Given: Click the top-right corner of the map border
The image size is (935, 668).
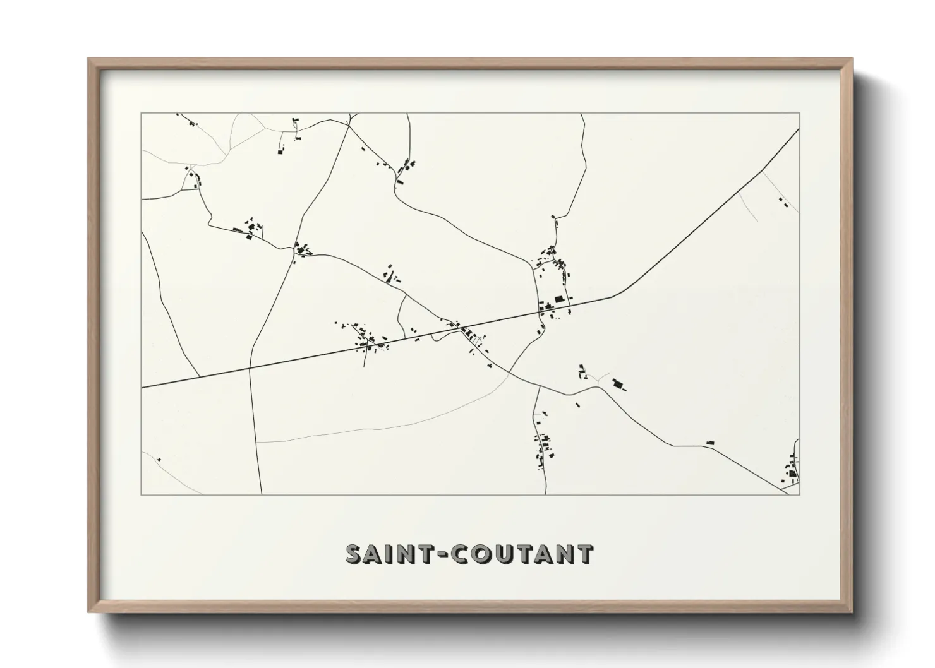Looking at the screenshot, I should coord(799,114).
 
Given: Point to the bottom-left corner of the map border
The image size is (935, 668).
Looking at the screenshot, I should coord(142,494).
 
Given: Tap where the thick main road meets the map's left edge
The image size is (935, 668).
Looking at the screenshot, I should coord(142,387).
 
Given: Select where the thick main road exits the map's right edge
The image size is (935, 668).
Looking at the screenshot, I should coord(799,129).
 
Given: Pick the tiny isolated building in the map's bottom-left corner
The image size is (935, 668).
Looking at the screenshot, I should coord(159,459).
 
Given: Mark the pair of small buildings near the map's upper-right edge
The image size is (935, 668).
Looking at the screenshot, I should coord(783,203).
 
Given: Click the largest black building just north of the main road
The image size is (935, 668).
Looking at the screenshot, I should coord(558,300).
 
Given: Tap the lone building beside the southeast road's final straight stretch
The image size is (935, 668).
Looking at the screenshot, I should coord(709,443).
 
